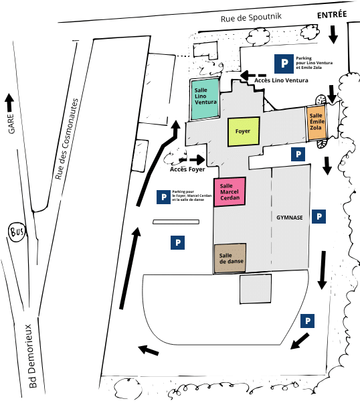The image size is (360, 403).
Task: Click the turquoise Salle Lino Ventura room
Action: click(205, 99)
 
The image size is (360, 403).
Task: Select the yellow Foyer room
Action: click(244, 132)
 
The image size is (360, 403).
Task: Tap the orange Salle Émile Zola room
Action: click(317, 123)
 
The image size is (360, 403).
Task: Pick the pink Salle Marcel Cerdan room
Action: click(230, 191)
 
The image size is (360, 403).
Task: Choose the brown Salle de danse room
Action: click(230, 258)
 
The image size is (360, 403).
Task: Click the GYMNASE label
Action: click(290, 218)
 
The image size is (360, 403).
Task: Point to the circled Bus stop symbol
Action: click(17, 232)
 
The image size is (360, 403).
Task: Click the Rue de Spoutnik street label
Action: click(251, 17)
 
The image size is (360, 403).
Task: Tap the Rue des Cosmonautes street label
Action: click(66, 139)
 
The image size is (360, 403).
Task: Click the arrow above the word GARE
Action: click(9, 102)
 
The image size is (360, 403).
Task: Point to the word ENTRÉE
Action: click(332, 15)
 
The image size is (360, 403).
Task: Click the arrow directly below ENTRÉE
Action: click(333, 34)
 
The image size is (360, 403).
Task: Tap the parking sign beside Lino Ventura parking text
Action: click(284, 64)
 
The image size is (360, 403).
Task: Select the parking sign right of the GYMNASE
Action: click(319, 216)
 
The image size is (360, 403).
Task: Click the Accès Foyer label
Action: click(187, 169)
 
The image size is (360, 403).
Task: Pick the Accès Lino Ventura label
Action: click(281, 80)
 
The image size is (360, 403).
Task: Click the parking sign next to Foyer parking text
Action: click(164, 197)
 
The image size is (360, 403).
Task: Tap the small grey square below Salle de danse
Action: click(256, 289)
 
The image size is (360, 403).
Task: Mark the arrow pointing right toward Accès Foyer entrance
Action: click(192, 159)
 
